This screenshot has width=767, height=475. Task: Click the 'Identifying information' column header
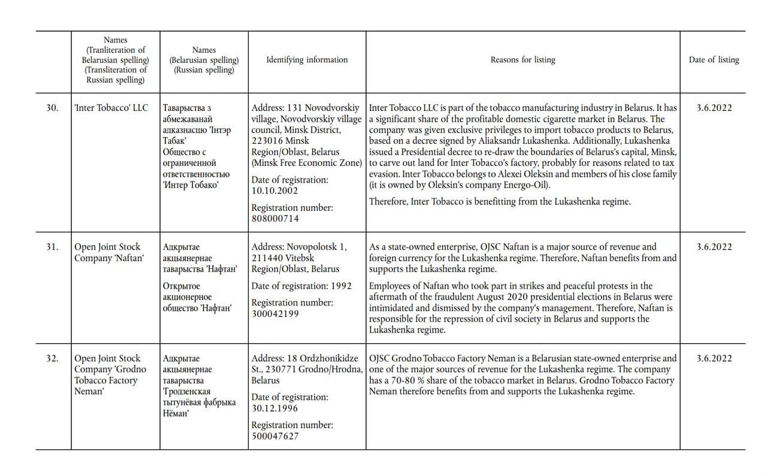[307, 60]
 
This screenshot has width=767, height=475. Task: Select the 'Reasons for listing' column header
[523, 60]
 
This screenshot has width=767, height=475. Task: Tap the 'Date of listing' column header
[714, 60]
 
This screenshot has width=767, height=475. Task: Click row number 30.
[53, 108]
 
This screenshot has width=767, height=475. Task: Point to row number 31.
[53, 247]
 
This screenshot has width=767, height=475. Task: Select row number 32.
[53, 359]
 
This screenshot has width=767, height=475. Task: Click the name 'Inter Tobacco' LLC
[111, 108]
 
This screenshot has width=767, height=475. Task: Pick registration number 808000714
[275, 219]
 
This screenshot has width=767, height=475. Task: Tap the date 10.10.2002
[274, 190]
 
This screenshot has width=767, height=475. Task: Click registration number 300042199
[275, 314]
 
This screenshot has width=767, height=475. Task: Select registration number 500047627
[275, 436]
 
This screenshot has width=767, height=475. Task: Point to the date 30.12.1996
[274, 408]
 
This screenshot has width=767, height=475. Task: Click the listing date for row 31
[714, 247]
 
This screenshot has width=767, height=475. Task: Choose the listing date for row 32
[714, 359]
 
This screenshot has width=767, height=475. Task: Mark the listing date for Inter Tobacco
[714, 108]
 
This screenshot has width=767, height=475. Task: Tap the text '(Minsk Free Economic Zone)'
[307, 163]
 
